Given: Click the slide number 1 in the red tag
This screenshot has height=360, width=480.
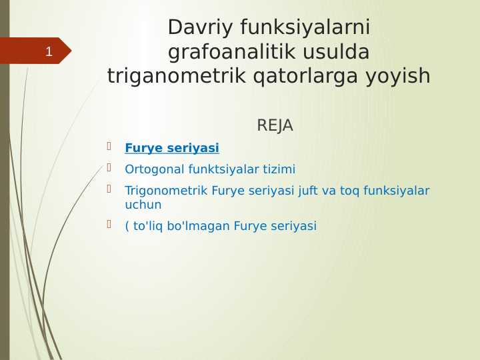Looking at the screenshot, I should [48, 51].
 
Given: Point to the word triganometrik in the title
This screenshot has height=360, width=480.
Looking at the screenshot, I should [178, 77].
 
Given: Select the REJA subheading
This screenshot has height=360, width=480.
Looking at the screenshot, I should [275, 125].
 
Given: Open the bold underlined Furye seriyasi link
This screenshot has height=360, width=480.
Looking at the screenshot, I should [172, 148].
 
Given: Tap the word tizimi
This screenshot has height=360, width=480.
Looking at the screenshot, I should [279, 169].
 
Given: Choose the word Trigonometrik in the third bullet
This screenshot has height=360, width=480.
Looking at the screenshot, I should [166, 191].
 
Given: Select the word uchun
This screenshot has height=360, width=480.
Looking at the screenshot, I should [143, 205].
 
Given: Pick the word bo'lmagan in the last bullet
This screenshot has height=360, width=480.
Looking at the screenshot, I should [203, 226].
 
